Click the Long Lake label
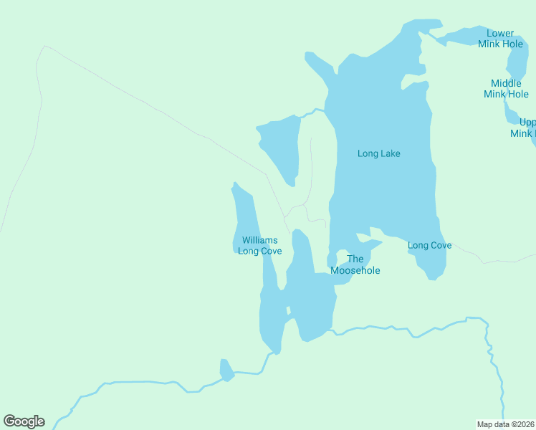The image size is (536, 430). pos(378,153)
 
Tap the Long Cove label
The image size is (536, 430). pos(429,246)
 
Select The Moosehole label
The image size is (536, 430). pos(355,264)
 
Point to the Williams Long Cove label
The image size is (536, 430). pos(259,246)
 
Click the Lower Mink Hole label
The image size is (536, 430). pos(500,39)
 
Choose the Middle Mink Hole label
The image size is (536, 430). pos(506,89)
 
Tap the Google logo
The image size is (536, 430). pos(24,421)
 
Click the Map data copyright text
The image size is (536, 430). pos(506,424)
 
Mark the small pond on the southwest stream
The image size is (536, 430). pos(226,371)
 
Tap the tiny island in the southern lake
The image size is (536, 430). pos(289,310)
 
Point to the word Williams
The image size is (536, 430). pos(259,241)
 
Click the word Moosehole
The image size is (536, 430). pos(355,271)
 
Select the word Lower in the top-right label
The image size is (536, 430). pos(500,33)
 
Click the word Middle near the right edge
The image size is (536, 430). pos(506,83)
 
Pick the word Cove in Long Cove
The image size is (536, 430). pos(441,246)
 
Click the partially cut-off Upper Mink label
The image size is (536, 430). pos(523,128)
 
